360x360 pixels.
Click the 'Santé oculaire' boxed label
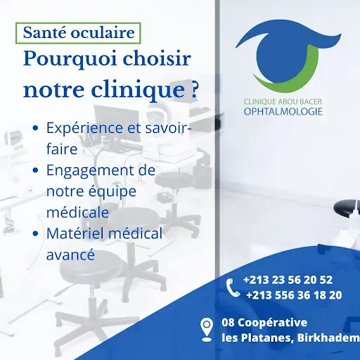click(x=78, y=33)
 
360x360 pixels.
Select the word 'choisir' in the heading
click(x=157, y=58)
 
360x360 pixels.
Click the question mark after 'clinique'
click(x=193, y=89)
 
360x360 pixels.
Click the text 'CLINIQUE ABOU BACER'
click(x=283, y=102)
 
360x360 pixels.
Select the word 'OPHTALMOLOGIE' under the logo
click(x=283, y=112)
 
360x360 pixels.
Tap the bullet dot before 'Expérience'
click(x=36, y=128)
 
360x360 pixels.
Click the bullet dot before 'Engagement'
click(x=36, y=170)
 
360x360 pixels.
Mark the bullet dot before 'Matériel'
click(x=36, y=233)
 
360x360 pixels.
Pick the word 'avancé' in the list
click(x=70, y=255)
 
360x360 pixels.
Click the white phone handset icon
click(x=233, y=288)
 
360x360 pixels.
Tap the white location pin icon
click(x=207, y=330)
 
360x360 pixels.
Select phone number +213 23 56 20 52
click(x=288, y=280)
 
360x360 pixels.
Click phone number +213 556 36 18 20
click(x=294, y=295)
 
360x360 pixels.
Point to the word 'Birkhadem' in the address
click(x=328, y=338)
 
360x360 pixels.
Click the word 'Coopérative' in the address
click(x=273, y=323)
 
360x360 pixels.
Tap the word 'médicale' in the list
click(x=77, y=212)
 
